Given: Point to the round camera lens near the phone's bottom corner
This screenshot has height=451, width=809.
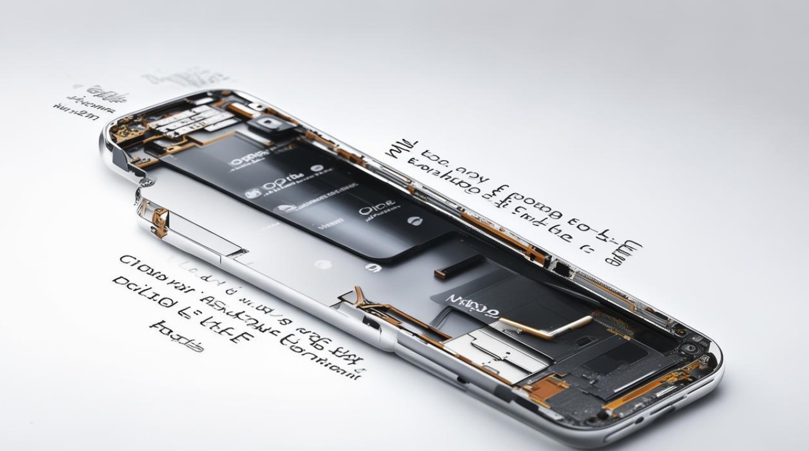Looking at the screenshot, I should point(690,348).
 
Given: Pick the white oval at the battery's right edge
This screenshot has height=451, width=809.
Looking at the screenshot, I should point(414,221).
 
